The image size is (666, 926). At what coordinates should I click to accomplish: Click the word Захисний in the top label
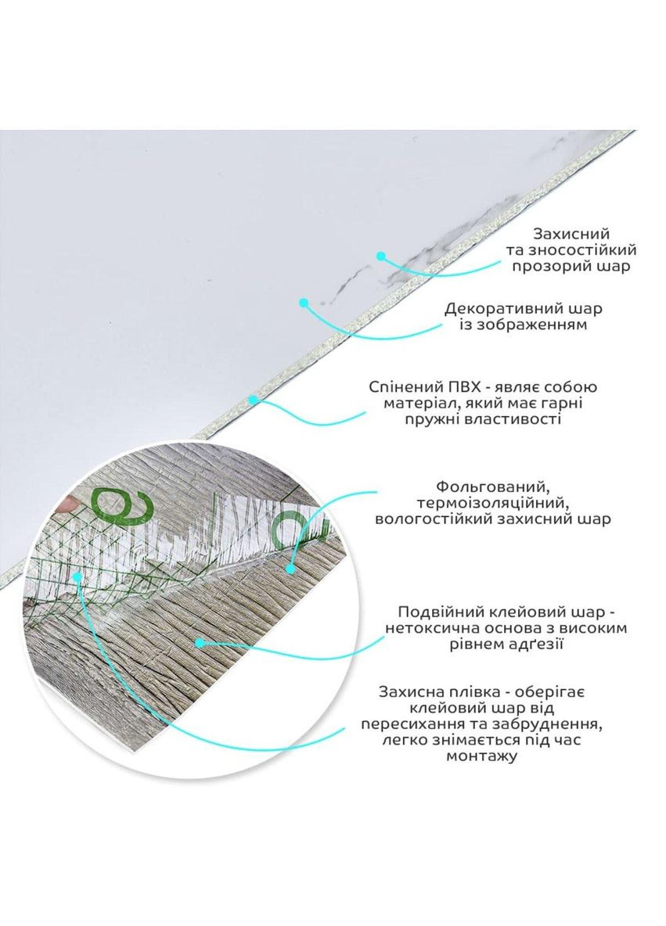click(x=571, y=235)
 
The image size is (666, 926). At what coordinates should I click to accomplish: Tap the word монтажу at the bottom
click(x=481, y=756)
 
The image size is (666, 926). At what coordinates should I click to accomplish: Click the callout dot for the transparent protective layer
click(x=380, y=257)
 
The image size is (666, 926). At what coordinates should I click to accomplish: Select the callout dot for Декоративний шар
click(x=304, y=303)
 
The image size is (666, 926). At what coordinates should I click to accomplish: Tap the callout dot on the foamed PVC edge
click(x=254, y=399)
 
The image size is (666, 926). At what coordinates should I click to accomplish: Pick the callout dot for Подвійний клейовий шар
click(x=200, y=643)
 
